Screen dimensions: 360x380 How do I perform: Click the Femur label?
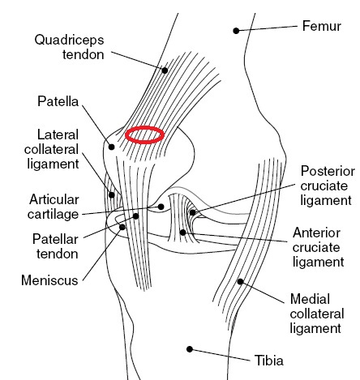point(321,26)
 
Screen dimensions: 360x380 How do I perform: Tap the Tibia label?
point(269,361)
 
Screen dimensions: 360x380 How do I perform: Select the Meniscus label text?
point(49,280)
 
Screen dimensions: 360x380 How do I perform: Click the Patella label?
point(58,101)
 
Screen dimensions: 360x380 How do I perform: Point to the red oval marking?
point(144,134)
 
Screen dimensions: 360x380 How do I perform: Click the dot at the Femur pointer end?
point(236,31)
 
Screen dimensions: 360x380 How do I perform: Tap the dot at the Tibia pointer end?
point(190,349)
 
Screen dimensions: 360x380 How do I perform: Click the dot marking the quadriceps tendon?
point(165,70)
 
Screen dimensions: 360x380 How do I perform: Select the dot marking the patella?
point(111,147)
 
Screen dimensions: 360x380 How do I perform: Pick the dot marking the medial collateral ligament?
point(240,282)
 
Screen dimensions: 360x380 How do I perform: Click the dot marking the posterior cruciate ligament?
point(192,212)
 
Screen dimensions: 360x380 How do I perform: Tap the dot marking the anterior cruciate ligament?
point(182,232)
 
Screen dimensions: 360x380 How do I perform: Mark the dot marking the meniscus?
point(122,227)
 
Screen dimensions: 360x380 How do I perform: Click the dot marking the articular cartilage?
point(161,207)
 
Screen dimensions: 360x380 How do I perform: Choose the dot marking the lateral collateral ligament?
point(111,194)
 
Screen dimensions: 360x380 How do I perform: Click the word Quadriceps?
point(69,40)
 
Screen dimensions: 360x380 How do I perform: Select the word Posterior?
point(328,171)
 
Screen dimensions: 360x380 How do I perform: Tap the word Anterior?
point(316,233)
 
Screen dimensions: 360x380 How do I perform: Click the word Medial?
point(310,299)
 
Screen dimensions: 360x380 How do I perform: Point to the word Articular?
point(54,200)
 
